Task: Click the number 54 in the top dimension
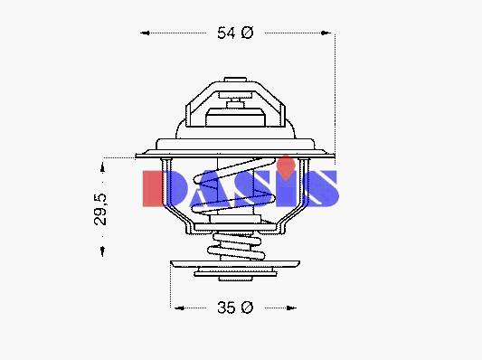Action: [x=226, y=33]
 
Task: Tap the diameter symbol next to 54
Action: [x=247, y=33]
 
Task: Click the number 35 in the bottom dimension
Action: [x=226, y=308]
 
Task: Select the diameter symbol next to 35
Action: [x=247, y=308]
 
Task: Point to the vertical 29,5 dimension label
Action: [x=100, y=210]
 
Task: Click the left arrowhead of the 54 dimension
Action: [x=145, y=33]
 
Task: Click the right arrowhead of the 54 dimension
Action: [x=326, y=33]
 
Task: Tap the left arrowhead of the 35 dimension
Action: [x=179, y=308]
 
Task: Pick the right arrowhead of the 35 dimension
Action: [x=291, y=308]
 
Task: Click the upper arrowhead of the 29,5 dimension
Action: [x=103, y=167]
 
